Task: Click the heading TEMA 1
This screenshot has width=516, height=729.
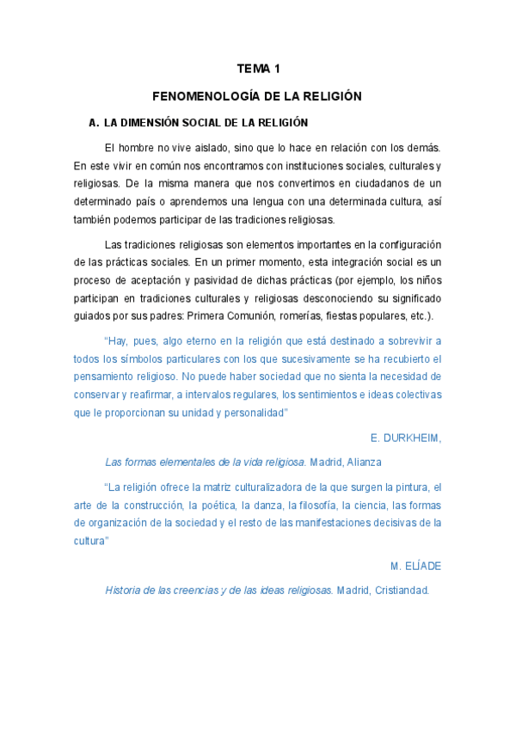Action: pos(259,68)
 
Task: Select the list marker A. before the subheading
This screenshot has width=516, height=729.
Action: pos(83,123)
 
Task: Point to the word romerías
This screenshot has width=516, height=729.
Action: pos(302,315)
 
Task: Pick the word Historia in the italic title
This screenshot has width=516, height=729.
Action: pos(125,591)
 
